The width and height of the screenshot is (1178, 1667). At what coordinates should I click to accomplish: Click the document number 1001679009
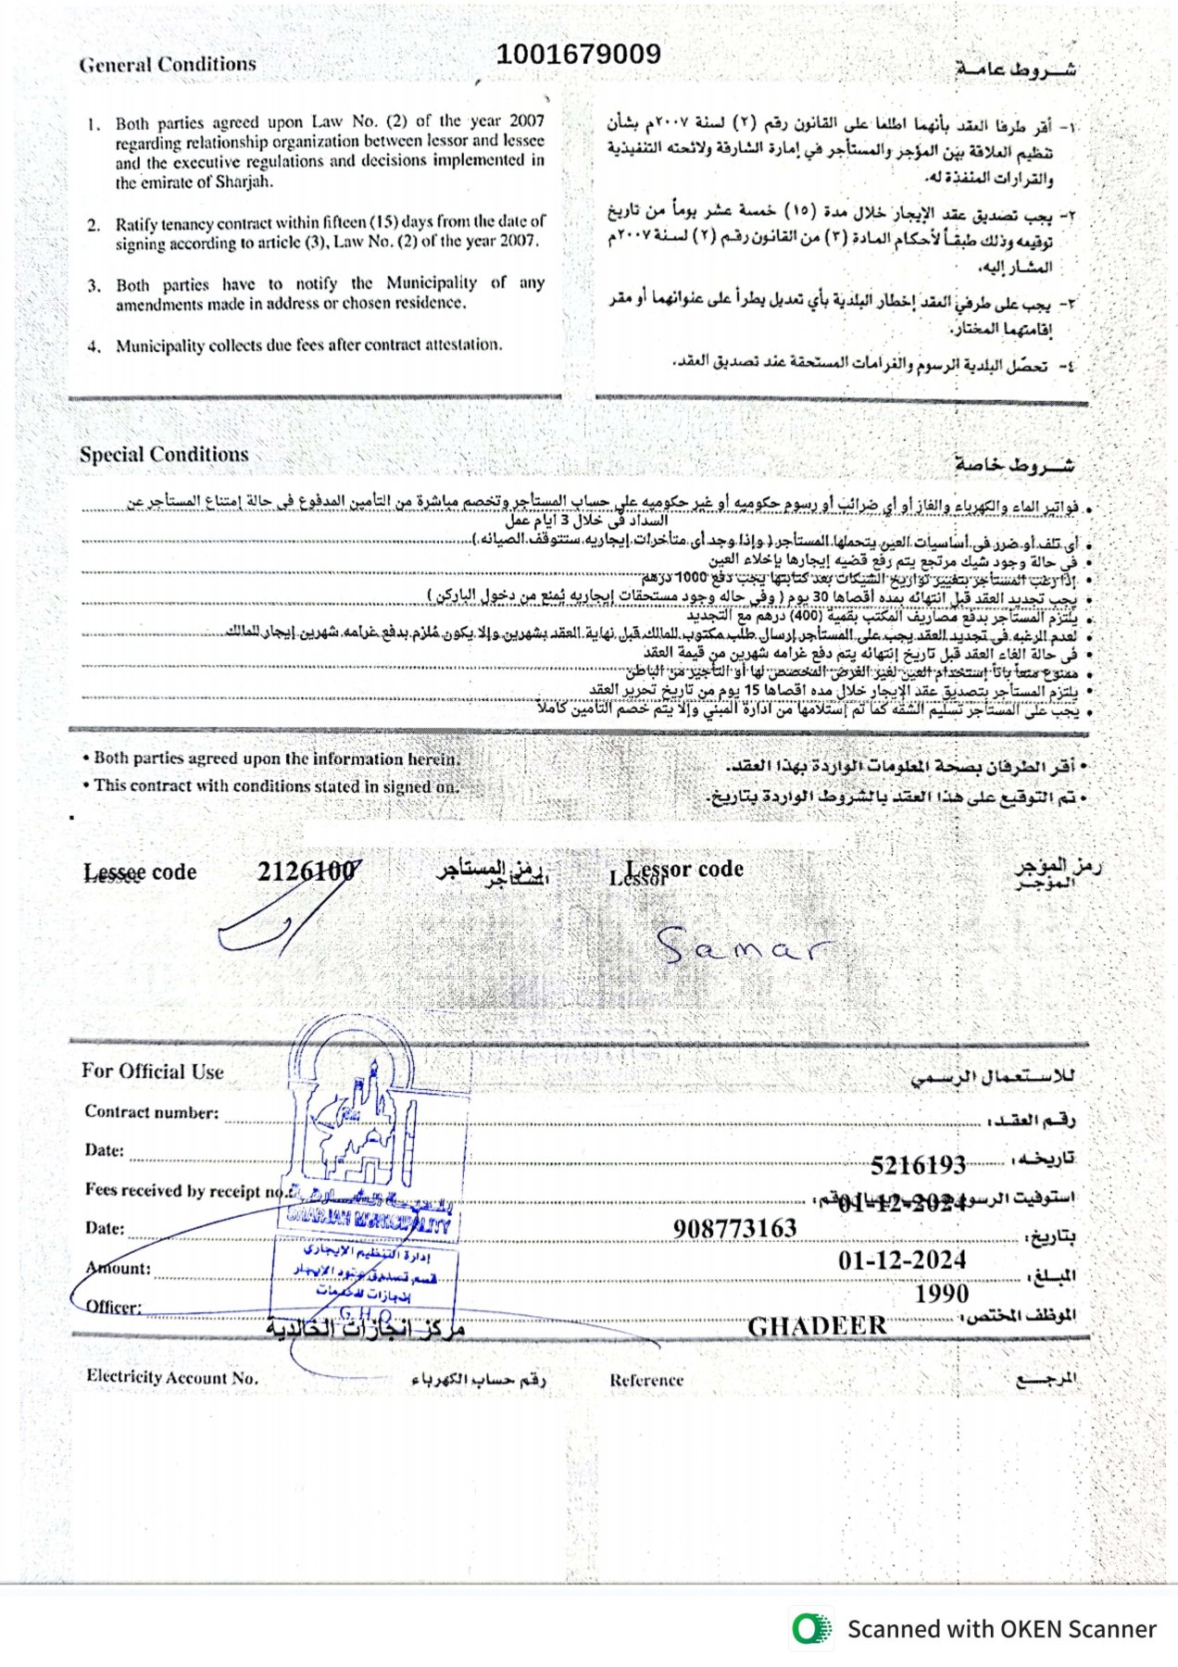click(x=578, y=55)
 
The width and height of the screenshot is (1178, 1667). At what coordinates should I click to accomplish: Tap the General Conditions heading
click(x=168, y=65)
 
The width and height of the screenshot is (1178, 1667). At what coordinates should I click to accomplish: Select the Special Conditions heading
click(x=164, y=455)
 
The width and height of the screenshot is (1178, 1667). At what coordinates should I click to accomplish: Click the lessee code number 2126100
click(x=307, y=871)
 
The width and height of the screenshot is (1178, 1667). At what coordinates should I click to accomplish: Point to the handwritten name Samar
click(x=742, y=946)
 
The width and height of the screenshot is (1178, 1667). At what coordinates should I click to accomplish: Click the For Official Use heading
click(x=153, y=1072)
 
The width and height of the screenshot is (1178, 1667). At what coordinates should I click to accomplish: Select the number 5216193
click(x=918, y=1165)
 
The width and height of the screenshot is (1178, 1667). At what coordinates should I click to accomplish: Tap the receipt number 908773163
click(x=734, y=1228)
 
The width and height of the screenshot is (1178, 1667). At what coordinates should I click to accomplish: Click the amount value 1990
click(x=941, y=1294)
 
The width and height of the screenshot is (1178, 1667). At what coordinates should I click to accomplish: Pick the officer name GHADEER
click(x=817, y=1326)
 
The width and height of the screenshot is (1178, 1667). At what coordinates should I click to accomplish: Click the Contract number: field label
click(x=152, y=1112)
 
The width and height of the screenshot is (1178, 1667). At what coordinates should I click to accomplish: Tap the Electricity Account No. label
click(x=172, y=1377)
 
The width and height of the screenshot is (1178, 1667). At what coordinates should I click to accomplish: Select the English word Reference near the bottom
click(x=646, y=1380)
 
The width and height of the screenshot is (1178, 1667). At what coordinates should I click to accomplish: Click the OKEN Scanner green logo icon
click(x=811, y=1628)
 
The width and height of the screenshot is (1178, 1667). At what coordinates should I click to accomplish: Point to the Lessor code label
click(x=683, y=870)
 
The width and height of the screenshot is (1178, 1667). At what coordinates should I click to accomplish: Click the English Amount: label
click(x=118, y=1268)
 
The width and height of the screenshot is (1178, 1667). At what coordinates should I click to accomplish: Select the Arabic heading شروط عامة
click(x=1015, y=69)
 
